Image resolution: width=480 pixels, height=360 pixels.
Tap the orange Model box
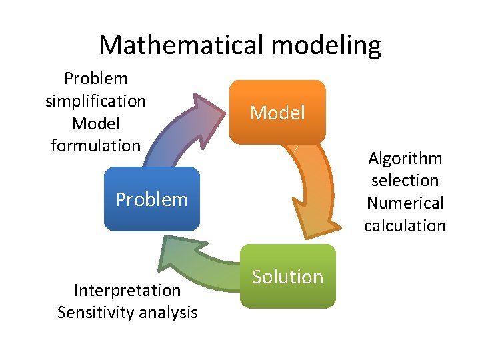277,113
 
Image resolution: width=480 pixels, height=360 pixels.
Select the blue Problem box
152,199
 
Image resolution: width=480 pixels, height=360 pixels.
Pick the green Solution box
287,277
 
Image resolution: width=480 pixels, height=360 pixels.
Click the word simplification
95,101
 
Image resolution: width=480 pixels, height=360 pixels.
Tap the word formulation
95,145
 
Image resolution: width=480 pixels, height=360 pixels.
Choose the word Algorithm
405,159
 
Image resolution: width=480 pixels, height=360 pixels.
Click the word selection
405,181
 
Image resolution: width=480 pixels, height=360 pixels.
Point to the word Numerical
405,203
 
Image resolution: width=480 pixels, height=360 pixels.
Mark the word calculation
405,225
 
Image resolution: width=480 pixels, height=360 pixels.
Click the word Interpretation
127,290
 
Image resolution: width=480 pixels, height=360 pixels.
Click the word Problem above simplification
95,79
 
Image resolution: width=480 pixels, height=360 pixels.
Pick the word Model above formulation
95,123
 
